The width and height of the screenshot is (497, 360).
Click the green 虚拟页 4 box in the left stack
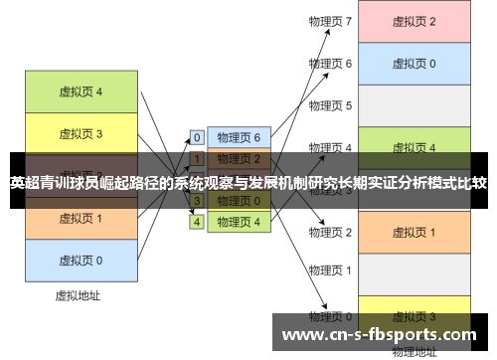click(81, 91)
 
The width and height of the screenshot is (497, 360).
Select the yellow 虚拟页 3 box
click(81, 132)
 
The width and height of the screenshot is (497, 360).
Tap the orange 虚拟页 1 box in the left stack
click(81, 218)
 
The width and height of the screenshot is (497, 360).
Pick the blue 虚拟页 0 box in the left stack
click(81, 260)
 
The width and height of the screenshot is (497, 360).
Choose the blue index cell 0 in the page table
click(197, 137)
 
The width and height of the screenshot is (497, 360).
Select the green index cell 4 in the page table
click(197, 222)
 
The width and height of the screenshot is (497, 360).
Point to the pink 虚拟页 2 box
click(414, 21)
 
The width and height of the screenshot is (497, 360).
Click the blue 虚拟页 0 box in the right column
click(414, 63)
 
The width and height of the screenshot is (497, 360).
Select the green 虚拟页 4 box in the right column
click(414, 147)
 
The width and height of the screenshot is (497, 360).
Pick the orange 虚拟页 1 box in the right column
click(414, 232)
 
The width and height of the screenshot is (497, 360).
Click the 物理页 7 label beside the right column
click(330, 21)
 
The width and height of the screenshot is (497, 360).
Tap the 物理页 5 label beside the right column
click(330, 105)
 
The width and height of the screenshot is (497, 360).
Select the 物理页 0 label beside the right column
click(330, 314)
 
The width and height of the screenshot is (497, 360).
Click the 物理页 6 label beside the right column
click(330, 63)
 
